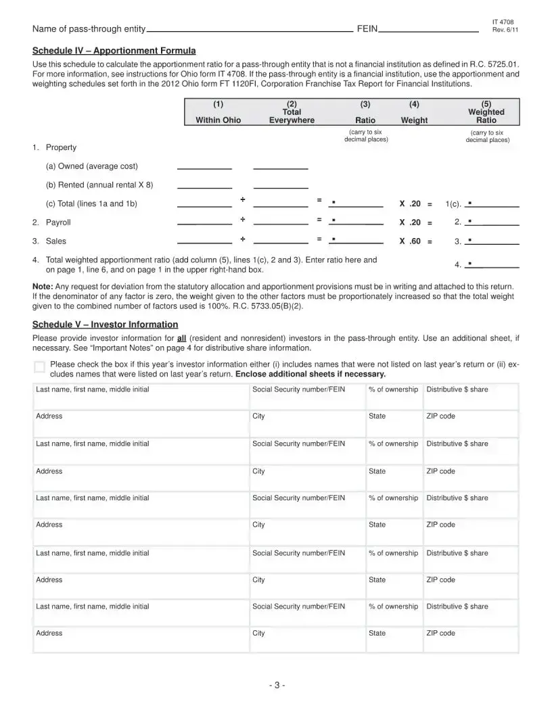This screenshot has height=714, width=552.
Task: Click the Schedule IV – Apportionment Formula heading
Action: tap(114, 51)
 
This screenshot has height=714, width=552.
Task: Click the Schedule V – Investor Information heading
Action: tap(105, 325)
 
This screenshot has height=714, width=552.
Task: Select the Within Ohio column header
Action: tap(218, 120)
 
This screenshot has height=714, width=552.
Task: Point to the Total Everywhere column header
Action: tap(292, 116)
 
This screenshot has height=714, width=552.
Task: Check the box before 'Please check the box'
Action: tap(39, 367)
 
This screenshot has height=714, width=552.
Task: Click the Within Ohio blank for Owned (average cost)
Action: tap(204, 166)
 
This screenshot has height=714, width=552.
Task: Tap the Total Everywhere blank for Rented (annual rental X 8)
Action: tap(280, 185)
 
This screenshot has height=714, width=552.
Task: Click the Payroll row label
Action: tap(57, 222)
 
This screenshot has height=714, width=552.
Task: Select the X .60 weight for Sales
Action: tap(410, 241)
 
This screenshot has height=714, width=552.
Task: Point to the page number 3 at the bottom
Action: tap(276, 685)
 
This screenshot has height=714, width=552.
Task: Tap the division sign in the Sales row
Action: tap(242, 240)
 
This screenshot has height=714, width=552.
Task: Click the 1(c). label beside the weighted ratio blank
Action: tap(453, 204)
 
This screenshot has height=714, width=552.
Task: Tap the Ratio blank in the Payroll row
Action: tap(356, 222)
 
